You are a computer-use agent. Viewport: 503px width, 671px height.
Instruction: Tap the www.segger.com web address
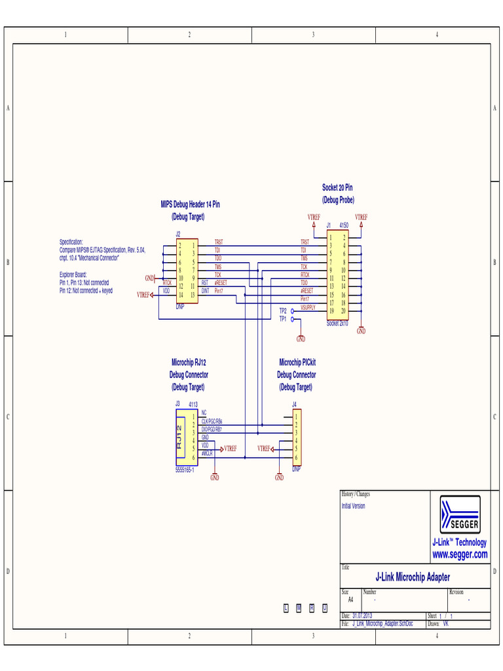tap(460, 555)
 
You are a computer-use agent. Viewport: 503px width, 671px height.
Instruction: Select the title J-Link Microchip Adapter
tap(412, 577)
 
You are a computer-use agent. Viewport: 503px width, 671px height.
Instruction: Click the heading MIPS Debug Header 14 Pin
tap(190, 204)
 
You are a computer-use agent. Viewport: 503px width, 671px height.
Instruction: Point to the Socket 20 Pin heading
tap(337, 188)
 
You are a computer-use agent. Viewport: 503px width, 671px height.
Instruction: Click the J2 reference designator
tap(177, 234)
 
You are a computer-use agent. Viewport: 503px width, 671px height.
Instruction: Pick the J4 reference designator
tap(294, 404)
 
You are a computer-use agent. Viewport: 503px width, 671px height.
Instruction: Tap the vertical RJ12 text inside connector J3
tap(179, 437)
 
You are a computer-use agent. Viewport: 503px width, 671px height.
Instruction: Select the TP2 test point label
tap(283, 311)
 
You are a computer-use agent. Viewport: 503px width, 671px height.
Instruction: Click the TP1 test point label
tap(283, 319)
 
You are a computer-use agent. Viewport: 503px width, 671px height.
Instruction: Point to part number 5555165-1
tap(185, 470)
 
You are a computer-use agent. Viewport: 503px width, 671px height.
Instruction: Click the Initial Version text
tap(353, 507)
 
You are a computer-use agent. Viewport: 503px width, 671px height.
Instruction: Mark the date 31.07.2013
tap(362, 616)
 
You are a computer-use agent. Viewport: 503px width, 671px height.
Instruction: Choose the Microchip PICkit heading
tap(297, 362)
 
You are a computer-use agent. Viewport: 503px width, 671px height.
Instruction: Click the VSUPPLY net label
tap(308, 307)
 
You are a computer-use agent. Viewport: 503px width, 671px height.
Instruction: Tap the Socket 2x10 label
tap(338, 324)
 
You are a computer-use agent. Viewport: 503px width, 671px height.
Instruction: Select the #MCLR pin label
tap(207, 453)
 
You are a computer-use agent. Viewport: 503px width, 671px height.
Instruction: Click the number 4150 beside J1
tap(344, 225)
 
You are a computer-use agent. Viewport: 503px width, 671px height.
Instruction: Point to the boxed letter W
tap(299, 608)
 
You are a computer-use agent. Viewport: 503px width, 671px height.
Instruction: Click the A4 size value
tap(350, 600)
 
